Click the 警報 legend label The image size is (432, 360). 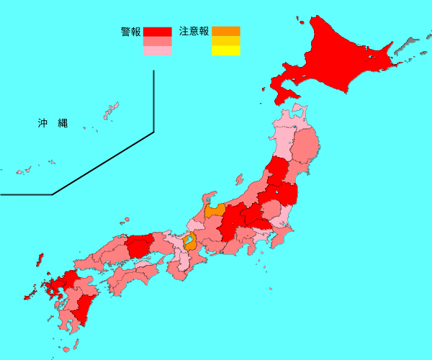click(x=130, y=32)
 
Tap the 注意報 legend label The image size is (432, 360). click(x=194, y=32)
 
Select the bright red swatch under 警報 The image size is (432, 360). click(x=158, y=32)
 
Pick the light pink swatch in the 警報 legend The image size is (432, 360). click(x=158, y=51)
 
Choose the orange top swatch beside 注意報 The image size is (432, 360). click(x=225, y=31)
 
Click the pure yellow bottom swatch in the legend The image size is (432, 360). click(x=225, y=51)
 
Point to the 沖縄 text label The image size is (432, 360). click(x=53, y=123)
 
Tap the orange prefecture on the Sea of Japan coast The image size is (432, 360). click(x=215, y=211)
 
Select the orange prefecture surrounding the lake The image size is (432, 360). click(x=190, y=241)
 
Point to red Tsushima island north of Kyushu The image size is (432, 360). click(x=39, y=259)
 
